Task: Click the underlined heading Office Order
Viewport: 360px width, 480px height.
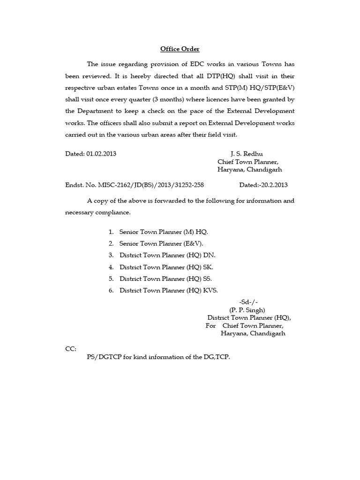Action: (x=180, y=49)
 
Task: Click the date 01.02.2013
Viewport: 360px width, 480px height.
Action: (x=102, y=154)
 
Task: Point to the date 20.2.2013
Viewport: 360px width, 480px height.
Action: (x=272, y=185)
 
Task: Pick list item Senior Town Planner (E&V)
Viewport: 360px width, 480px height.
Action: (x=161, y=244)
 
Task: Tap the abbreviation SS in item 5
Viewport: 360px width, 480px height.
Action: (x=208, y=278)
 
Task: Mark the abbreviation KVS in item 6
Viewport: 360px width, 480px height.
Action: (x=210, y=290)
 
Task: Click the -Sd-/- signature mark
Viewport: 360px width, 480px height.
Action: (x=248, y=302)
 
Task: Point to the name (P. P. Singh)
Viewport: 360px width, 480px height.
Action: (x=247, y=310)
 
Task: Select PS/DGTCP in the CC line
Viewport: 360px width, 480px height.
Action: (x=105, y=357)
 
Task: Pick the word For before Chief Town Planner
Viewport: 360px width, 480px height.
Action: (x=210, y=326)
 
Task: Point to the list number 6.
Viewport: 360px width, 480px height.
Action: (x=111, y=290)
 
